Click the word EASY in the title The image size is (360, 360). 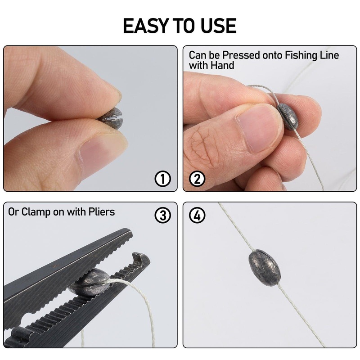pos(145,26)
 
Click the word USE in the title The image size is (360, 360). pos(217,26)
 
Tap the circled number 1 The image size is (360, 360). pos(163,179)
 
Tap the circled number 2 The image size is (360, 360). pos(197,179)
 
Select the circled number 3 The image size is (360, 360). pos(163,215)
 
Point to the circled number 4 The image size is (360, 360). pos(197,215)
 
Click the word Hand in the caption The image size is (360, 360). pos(224,65)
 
